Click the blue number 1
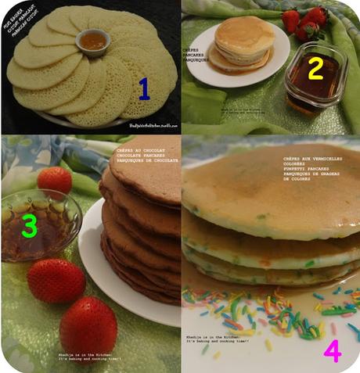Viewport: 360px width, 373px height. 143,88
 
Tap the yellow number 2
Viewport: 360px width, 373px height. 315,69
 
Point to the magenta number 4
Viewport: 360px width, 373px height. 332,351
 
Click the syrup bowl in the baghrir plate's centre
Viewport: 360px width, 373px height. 92,40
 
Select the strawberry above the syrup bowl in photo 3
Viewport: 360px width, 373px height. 54,180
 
